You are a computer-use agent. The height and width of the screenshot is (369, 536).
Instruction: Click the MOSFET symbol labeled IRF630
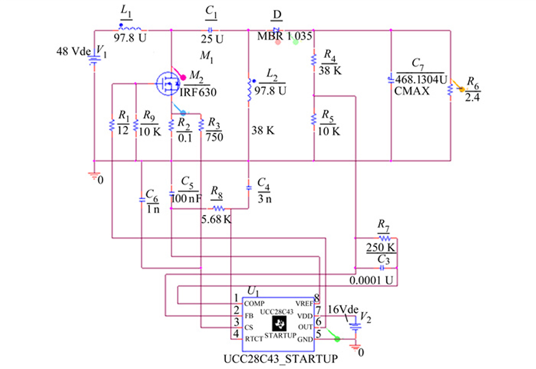pos(168,84)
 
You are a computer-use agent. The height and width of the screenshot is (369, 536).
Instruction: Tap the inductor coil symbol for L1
pos(130,29)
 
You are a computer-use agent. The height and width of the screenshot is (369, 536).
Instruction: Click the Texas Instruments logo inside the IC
pos(279,323)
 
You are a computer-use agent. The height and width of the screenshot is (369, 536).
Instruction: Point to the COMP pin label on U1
pos(254,304)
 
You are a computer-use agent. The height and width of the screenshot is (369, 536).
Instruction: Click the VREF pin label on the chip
pos(304,304)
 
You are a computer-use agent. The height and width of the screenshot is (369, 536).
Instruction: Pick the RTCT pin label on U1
pos(254,339)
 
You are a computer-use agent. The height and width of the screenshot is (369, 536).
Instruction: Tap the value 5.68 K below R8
pos(216,219)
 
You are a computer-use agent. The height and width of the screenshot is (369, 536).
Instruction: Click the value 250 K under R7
pos(381,247)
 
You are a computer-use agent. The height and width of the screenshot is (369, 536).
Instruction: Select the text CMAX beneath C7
pos(411,91)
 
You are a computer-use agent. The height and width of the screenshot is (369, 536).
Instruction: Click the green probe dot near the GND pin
pos(337,339)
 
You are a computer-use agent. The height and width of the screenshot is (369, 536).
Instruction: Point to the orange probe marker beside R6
pos(462,89)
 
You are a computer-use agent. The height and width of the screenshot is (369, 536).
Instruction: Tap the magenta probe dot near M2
pos(183,77)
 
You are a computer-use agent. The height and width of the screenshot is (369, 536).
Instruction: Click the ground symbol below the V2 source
pos(356,347)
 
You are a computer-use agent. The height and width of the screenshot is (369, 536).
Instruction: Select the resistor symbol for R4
pos(314,60)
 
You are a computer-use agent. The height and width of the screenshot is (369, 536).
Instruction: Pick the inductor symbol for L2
pos(249,90)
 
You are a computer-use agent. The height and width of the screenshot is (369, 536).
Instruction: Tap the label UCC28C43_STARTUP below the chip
pos(281,359)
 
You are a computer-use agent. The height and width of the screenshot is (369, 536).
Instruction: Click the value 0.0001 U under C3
pos(371,280)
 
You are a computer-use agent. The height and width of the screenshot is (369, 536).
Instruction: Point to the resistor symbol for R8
pos(219,208)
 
